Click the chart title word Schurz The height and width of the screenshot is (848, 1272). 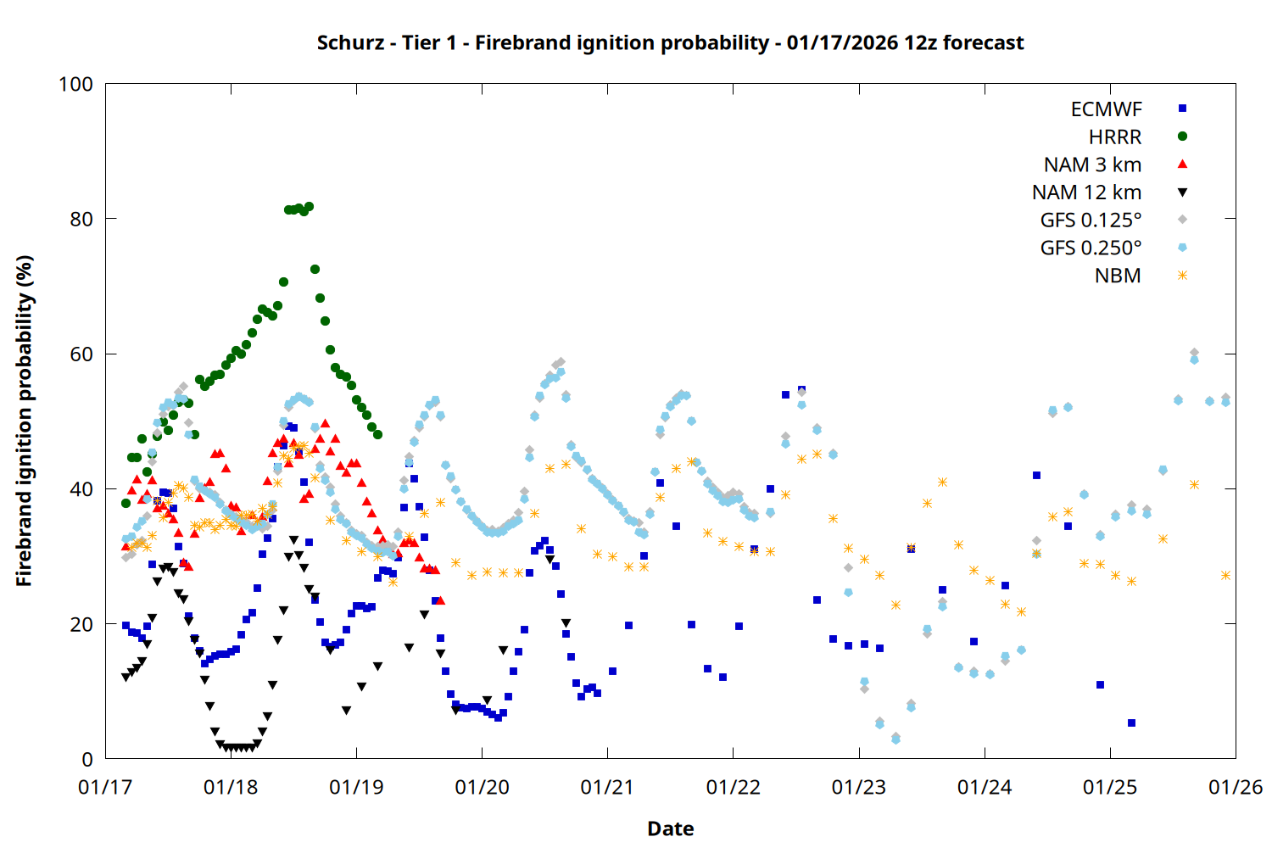coord(349,42)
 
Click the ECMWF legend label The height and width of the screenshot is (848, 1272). coord(1106,109)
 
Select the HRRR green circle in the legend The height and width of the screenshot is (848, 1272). coord(1182,137)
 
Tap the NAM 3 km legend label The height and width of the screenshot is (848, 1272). coord(1092,165)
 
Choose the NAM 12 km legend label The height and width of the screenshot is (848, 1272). coord(1086,192)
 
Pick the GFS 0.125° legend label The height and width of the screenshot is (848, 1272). coord(1091,220)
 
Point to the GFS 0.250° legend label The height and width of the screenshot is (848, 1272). coord(1091,248)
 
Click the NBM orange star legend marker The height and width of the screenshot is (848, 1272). coord(1182,276)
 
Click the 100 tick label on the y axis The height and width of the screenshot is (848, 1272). coord(75,84)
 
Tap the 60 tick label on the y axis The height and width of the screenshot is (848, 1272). coord(81,354)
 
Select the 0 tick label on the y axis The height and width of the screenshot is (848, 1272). coord(87,759)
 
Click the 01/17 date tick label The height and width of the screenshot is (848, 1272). coord(105,788)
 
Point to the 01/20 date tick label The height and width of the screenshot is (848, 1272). coord(482,788)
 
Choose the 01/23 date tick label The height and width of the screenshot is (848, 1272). coord(859,788)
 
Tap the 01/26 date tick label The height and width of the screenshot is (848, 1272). coord(1236,788)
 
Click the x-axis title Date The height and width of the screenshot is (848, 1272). coord(670,828)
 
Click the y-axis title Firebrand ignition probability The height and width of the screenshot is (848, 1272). coord(24,421)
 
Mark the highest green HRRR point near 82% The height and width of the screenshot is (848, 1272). coord(309,206)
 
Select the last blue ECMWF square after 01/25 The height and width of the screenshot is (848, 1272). coord(1131,723)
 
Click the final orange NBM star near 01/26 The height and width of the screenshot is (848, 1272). coord(1225,575)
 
